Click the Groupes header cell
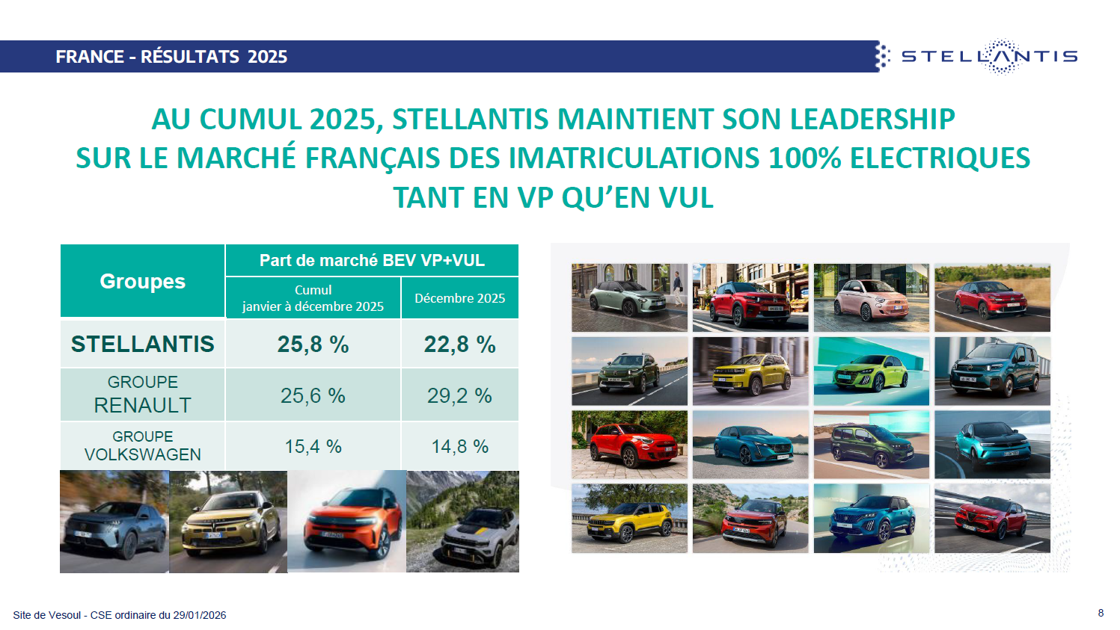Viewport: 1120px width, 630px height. [142, 281]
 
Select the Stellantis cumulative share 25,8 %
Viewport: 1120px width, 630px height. [313, 344]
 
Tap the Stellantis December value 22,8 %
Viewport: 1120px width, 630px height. [459, 344]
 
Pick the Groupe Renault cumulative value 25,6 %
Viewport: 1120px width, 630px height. [313, 395]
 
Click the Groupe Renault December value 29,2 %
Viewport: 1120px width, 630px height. [459, 395]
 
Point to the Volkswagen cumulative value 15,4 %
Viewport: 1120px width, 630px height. [313, 446]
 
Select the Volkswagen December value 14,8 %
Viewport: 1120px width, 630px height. [459, 446]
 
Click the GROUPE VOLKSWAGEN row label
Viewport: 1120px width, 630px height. [142, 445]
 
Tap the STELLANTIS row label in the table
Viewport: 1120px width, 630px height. [142, 344]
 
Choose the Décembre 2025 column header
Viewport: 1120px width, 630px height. [459, 298]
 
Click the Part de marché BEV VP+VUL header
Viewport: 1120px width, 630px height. [372, 260]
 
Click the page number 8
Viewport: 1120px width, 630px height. [1101, 613]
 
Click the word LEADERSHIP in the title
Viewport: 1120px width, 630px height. [872, 119]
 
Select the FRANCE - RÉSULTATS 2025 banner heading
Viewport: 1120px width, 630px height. [171, 57]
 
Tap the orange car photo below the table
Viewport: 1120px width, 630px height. [346, 522]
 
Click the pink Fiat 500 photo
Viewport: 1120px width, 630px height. [871, 297]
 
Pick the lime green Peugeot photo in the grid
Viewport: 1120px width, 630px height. [871, 371]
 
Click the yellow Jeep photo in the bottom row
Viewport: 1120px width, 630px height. [629, 518]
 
